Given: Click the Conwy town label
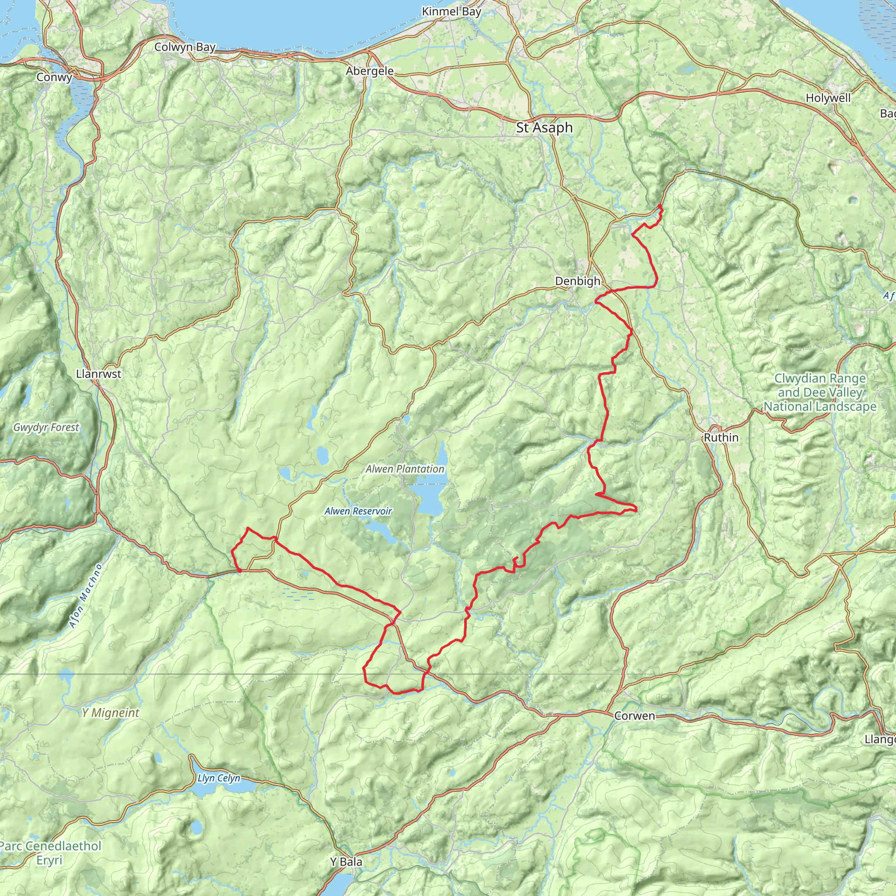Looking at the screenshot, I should pos(54,77).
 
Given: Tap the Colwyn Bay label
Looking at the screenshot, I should pos(185,47).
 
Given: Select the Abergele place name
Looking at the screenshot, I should pos(370,71).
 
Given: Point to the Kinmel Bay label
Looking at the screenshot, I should pos(451,12).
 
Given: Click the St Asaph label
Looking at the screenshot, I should pos(544,128).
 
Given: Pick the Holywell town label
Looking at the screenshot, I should pos(828,98).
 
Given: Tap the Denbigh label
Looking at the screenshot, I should pos(577,281).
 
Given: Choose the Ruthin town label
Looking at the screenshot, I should pos(721,437).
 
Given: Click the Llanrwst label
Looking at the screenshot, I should pos(98,374).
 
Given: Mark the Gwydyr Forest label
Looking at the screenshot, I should pos(46,427).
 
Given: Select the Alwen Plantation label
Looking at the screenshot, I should pos(405,469).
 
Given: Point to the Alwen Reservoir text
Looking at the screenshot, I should pos(358,511).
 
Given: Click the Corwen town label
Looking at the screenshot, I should pos(634,716).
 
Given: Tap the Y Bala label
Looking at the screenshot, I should pos(346,862).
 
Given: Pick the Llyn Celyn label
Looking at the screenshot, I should pos(219,778).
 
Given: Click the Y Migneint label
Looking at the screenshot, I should pos(110,713).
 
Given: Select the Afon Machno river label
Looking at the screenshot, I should pos(85,596).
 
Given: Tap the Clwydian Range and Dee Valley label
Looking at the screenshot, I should pos(820,392).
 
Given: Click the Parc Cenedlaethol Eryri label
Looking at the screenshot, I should pos(50,853).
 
